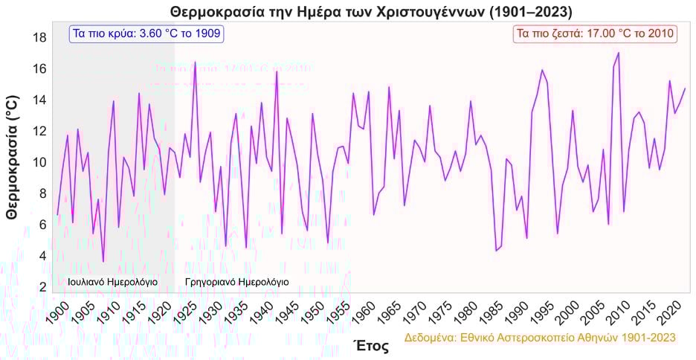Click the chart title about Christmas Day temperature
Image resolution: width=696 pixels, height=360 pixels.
(x=371, y=12)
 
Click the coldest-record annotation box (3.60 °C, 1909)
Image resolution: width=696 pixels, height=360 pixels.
(x=146, y=33)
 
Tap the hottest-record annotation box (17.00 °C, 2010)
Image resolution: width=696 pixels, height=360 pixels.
(x=595, y=33)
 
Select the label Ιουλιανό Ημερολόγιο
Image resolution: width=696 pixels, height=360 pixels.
(x=112, y=282)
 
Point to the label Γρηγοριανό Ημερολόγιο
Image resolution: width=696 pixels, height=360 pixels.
(x=236, y=282)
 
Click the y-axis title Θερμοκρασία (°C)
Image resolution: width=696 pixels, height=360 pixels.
(x=11, y=157)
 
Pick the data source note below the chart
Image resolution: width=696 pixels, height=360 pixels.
(x=539, y=337)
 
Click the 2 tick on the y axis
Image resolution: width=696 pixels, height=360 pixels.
(x=42, y=286)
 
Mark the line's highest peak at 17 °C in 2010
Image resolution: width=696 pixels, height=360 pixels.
(x=619, y=53)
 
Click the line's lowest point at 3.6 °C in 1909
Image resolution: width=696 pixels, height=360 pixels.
(x=103, y=262)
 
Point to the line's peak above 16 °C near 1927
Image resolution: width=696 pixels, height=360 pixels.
(x=195, y=62)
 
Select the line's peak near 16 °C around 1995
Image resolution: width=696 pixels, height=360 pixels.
(x=542, y=70)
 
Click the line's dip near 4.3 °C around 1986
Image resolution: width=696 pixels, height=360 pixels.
(x=496, y=251)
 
